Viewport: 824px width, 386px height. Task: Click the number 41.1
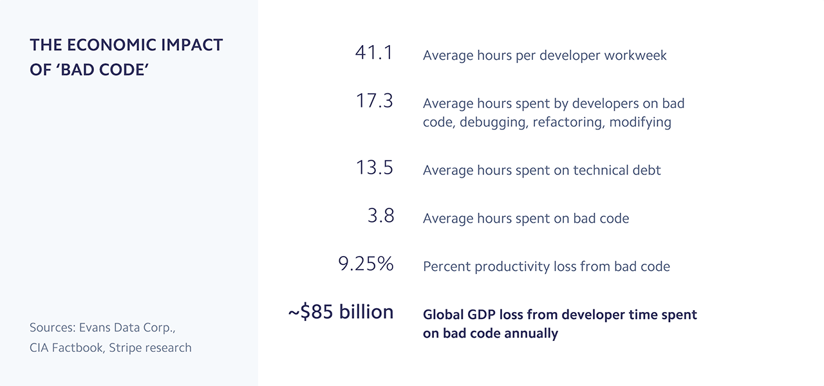click(x=373, y=53)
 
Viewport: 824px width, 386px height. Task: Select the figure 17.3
click(x=374, y=101)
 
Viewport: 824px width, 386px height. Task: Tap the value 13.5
click(x=374, y=167)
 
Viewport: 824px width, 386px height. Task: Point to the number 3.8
click(x=380, y=216)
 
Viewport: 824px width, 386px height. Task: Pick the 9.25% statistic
click(x=366, y=264)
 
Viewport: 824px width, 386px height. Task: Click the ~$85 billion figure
click(x=341, y=312)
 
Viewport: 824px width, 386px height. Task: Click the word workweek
click(x=636, y=55)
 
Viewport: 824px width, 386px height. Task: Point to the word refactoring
click(x=567, y=122)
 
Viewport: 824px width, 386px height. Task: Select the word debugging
click(x=492, y=122)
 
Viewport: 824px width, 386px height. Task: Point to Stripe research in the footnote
click(x=150, y=348)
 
